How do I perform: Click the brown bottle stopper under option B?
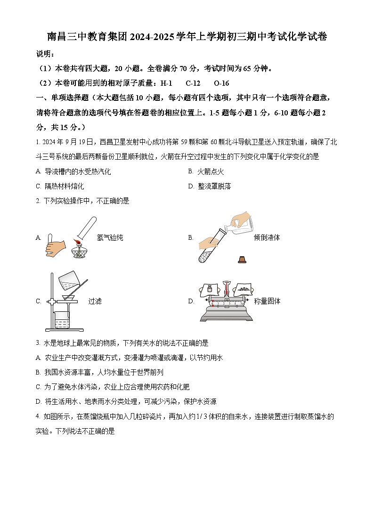(242, 260)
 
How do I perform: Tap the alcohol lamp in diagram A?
(79, 250)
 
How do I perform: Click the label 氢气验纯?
(110, 238)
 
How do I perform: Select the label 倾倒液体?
(267, 238)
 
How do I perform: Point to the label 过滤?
(95, 301)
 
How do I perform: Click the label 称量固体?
(267, 301)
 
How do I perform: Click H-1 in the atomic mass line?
(166, 83)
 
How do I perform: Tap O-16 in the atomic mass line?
(221, 83)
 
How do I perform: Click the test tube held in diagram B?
(209, 247)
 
